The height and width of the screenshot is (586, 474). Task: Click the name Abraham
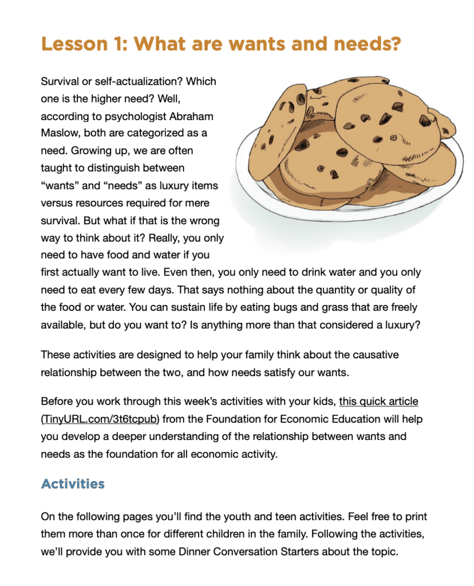point(192,116)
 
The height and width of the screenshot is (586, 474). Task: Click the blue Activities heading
point(73,484)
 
